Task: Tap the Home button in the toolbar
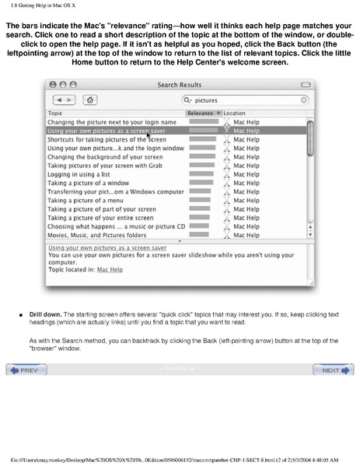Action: coord(92,100)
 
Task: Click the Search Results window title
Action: coord(179,84)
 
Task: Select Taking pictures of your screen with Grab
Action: coord(104,165)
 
